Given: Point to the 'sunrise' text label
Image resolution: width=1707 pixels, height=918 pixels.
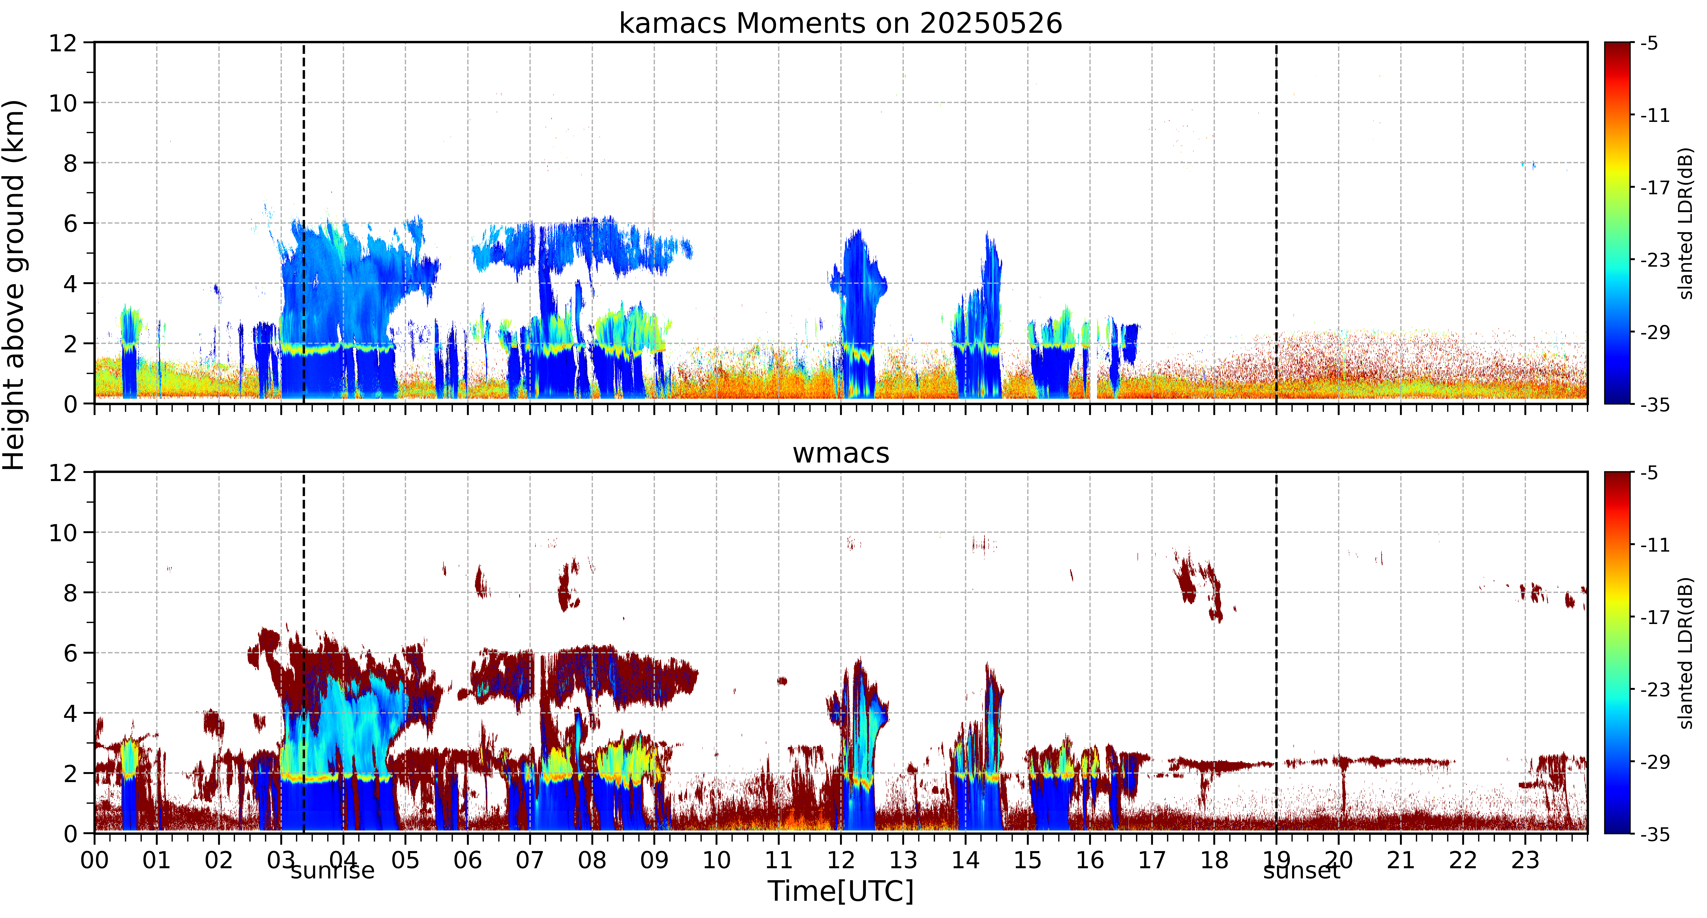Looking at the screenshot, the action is pyautogui.click(x=333, y=870).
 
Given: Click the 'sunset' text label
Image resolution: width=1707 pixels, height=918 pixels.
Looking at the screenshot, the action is pyautogui.click(x=1301, y=870).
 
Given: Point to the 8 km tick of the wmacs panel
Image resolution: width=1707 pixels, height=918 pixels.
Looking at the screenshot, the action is pyautogui.click(x=70, y=593).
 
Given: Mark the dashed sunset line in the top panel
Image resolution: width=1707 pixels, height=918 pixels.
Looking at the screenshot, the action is pyautogui.click(x=1276, y=223).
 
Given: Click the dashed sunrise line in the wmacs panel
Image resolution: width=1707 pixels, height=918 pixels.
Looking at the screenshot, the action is pyautogui.click(x=303, y=652).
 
